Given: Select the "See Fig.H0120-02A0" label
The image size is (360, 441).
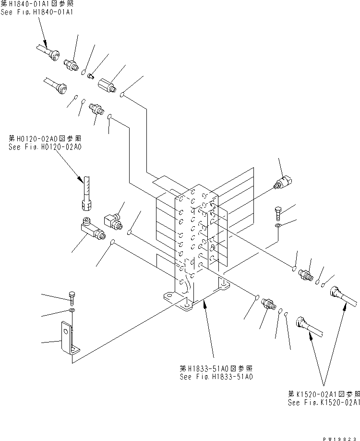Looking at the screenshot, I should [x=45, y=147].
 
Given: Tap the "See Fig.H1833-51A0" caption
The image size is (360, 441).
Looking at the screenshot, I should [x=216, y=377].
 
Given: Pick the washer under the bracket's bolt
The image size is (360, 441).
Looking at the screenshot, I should [x=72, y=311].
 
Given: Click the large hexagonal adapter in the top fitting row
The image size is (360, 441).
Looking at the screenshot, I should [x=108, y=86].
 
